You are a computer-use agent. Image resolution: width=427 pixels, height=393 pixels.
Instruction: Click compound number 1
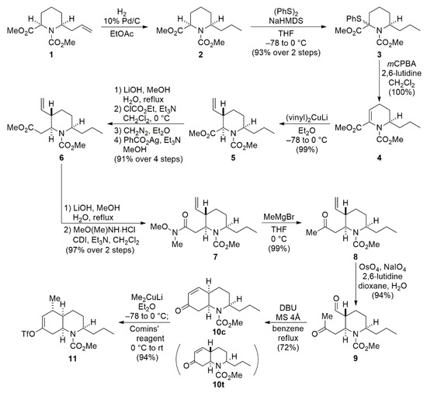tap(50, 54)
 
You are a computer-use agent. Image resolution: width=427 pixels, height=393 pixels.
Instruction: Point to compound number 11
tap(72, 358)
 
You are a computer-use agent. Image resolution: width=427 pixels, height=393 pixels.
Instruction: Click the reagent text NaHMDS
tap(285, 21)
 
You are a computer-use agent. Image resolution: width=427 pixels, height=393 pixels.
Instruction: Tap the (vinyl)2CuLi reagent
tap(307, 118)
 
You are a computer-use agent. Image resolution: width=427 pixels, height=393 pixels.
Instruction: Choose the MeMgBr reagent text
tap(278, 217)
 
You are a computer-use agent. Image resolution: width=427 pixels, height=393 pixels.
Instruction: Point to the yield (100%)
tap(401, 92)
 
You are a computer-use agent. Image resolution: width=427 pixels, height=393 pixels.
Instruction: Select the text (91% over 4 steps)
tap(148, 158)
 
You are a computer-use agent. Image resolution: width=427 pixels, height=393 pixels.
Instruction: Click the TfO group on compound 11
tap(29, 334)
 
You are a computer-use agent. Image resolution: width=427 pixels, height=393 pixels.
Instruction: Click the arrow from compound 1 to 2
tap(124, 26)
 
